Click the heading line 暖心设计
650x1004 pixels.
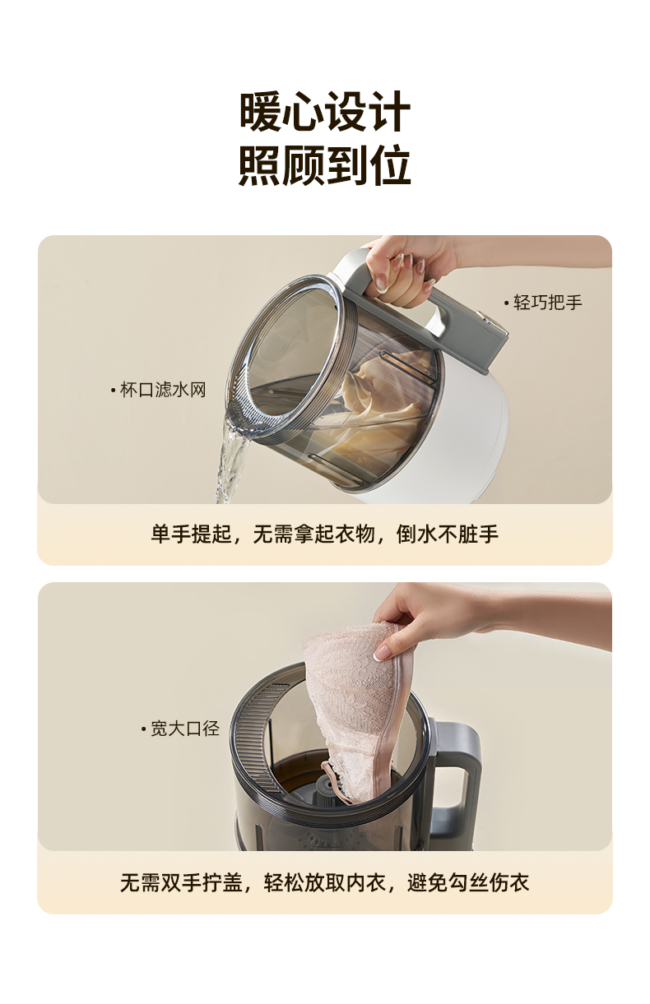coord(325,111)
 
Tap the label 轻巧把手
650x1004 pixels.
coord(543,303)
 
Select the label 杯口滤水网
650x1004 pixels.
coord(158,390)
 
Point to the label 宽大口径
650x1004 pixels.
coord(180,729)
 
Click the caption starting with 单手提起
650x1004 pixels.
coord(325,534)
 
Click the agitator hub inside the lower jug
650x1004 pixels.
coord(329,787)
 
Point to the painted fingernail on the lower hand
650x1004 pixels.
coord(383,652)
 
